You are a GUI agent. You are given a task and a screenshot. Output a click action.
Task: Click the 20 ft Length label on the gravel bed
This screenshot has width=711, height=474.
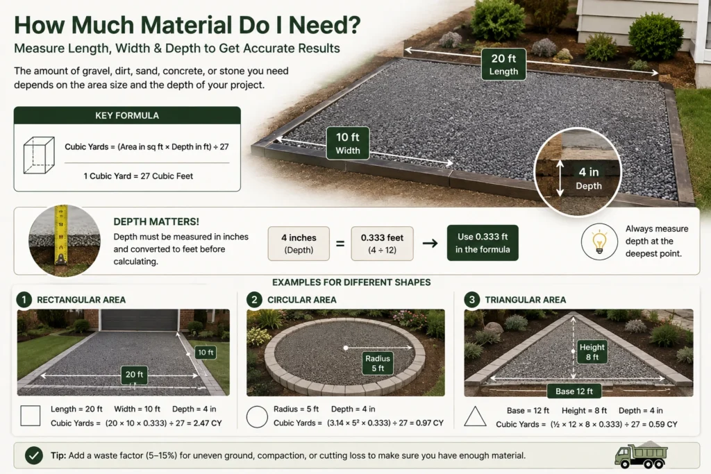(503, 65)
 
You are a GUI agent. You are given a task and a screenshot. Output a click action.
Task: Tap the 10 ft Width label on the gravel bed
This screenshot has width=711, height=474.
(348, 143)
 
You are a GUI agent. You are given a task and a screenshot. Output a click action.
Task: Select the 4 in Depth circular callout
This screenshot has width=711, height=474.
(577, 172)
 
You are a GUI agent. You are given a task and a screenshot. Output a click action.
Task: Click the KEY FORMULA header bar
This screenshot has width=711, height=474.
(127, 116)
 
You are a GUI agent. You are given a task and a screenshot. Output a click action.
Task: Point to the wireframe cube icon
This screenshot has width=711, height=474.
(39, 155)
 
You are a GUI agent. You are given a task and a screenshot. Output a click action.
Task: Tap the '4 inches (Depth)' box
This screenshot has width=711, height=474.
(299, 244)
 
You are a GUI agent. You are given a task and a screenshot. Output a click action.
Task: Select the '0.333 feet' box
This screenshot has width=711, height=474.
(383, 244)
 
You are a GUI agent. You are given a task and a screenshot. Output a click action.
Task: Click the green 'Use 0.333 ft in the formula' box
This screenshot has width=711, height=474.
(483, 243)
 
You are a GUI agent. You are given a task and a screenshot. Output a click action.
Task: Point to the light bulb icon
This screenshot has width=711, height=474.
(599, 242)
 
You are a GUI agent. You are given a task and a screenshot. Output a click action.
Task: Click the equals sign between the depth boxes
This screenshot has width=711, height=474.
(340, 244)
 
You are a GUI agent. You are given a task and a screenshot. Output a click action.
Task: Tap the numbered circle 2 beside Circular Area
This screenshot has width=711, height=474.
(254, 300)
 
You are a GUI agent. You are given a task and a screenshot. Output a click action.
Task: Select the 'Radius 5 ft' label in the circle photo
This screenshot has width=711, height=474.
(378, 363)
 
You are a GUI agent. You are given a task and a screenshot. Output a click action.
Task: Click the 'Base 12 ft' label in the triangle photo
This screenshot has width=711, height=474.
(574, 391)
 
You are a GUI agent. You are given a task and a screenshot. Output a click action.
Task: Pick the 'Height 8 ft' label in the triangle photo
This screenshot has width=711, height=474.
(592, 352)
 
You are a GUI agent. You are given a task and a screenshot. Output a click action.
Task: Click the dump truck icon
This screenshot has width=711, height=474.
(641, 455)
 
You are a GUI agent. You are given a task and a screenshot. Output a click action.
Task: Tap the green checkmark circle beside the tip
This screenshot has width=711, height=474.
(34, 455)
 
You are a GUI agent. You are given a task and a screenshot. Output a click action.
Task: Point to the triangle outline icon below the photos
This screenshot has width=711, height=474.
(475, 416)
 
